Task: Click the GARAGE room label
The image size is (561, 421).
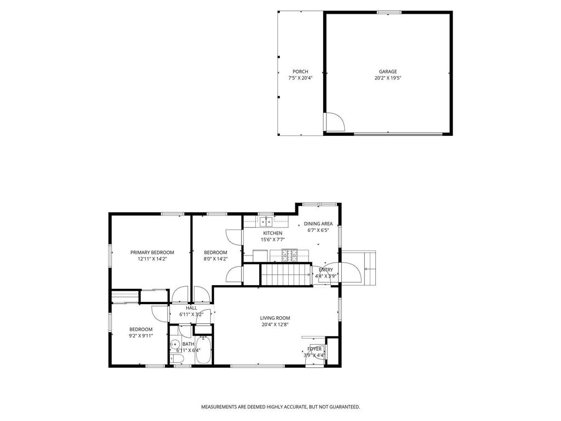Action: (388, 71)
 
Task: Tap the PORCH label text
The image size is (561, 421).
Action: (300, 71)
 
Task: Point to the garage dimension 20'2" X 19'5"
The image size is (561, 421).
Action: (388, 78)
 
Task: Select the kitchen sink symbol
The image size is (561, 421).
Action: (266, 221)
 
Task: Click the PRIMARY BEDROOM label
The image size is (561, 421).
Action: (152, 252)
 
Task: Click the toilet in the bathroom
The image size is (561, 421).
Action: (177, 359)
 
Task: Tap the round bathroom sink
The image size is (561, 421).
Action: (175, 345)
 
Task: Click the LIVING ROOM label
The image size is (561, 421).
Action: (274, 318)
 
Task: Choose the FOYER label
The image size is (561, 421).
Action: (314, 349)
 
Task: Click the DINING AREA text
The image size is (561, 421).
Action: (318, 224)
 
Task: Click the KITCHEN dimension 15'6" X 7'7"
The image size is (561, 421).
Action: (272, 240)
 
